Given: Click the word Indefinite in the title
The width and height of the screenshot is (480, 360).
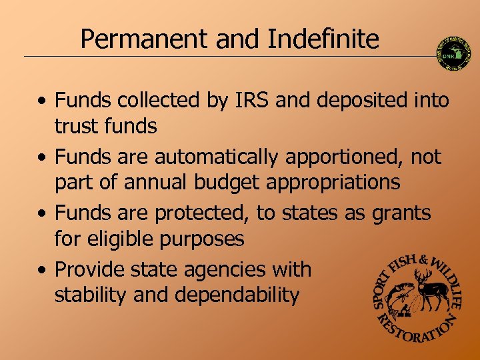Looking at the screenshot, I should [323, 40].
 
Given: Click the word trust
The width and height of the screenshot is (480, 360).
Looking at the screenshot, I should [77, 126].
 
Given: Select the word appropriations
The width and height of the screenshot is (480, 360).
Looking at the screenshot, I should [333, 182].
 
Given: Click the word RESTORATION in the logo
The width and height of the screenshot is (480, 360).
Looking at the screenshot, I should [416, 330].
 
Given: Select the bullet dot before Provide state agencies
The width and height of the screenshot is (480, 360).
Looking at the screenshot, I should [42, 271].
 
